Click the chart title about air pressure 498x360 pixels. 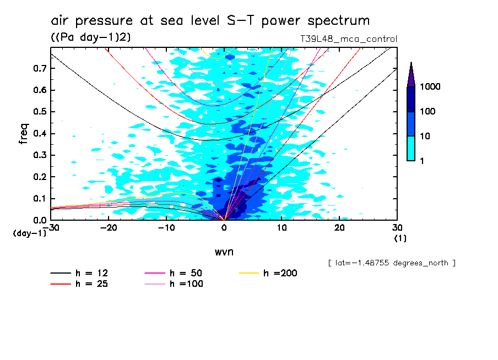[210, 21]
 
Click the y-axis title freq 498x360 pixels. [24, 134]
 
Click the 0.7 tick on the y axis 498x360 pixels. [39, 68]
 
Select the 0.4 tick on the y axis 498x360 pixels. [39, 134]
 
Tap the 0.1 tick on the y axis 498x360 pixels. [39, 199]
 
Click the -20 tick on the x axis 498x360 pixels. [109, 227]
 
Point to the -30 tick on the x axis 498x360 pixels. [51, 227]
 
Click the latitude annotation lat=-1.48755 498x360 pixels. [391, 263]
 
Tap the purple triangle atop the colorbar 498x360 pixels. [411, 74]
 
